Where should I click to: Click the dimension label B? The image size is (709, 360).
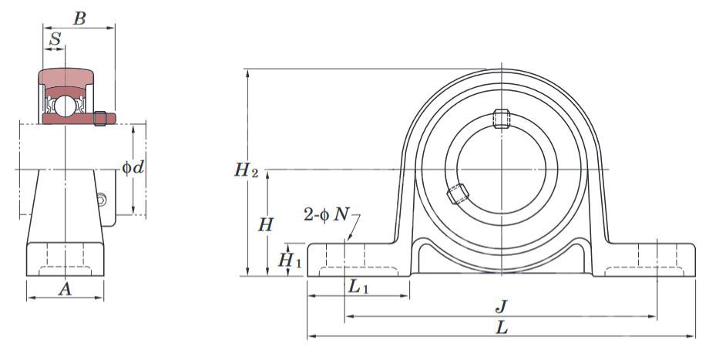(x=79, y=19)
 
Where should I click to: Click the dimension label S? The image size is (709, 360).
(x=55, y=39)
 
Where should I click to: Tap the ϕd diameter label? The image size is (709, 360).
(x=133, y=168)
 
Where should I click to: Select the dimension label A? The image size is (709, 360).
(x=65, y=289)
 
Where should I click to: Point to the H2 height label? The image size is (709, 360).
(x=246, y=170)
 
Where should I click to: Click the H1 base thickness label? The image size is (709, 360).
(x=289, y=261)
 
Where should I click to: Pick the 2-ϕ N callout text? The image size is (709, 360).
(x=326, y=214)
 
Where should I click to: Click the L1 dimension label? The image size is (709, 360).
(x=358, y=286)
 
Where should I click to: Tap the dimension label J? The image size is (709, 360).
(x=501, y=307)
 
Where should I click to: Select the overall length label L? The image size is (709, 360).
(x=502, y=328)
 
